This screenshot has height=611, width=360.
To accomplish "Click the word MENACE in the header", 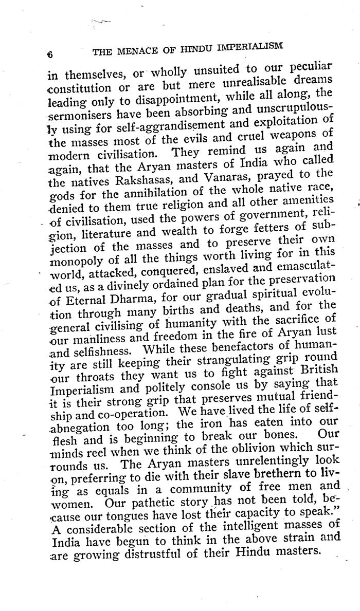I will (x=134, y=50).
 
